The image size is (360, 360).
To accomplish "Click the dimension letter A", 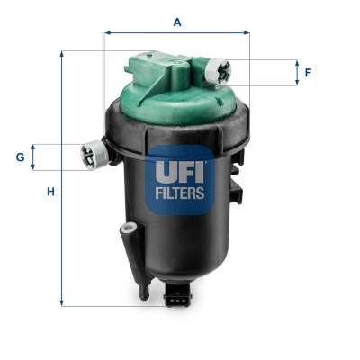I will tap(177, 21).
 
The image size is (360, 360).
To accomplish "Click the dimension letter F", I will tap(308, 72).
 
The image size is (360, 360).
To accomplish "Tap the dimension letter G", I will tap(20, 157).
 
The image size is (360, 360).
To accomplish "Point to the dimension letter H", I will tap(51, 191).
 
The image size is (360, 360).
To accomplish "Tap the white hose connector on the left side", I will tap(93, 155).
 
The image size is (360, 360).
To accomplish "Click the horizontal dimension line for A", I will tap(177, 33).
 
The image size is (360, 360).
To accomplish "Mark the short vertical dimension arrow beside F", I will tap(297, 72).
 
